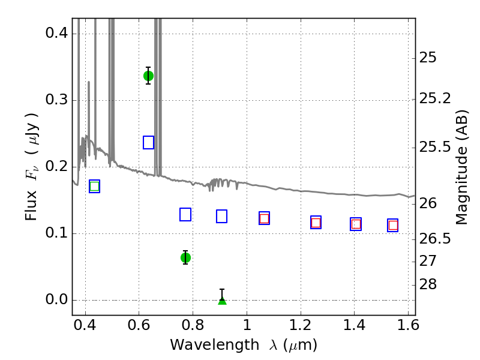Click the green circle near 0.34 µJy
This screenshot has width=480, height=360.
[x=148, y=76]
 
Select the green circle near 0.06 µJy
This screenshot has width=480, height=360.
[x=185, y=258]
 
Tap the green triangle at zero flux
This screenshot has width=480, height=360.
[x=222, y=301]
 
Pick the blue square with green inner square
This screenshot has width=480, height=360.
[x=95, y=186]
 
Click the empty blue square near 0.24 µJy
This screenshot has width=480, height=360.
[x=148, y=142]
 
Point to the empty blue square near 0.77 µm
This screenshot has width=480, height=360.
[x=185, y=214]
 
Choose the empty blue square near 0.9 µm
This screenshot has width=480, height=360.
[x=221, y=216]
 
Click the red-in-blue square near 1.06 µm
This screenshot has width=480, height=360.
[x=264, y=218]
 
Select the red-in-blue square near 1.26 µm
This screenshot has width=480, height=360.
[x=316, y=222]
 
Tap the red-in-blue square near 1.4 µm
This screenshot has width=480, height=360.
[x=356, y=224]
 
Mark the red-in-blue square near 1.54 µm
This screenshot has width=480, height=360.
[x=393, y=226]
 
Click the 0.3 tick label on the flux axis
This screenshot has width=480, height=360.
[x=56, y=100]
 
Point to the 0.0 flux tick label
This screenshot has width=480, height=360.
[x=56, y=299]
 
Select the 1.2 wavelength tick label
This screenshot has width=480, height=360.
[x=301, y=325]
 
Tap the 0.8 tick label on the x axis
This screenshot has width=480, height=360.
[x=193, y=325]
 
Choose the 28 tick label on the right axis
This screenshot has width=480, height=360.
[x=428, y=284]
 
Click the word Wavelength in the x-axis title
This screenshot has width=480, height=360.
[x=215, y=345]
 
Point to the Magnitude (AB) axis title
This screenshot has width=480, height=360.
[x=461, y=167]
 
